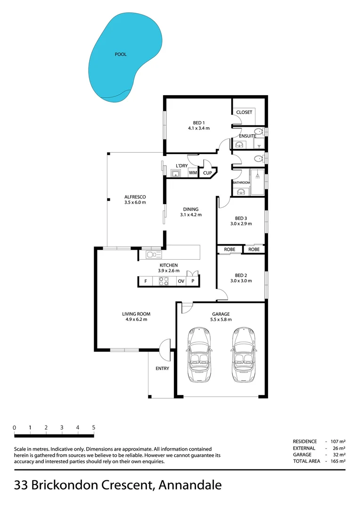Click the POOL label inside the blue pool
pos(121,55)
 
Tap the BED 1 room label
pos(198,123)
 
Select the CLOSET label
pos(244,112)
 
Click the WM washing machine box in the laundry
pos(192,173)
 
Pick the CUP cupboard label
pos(207,173)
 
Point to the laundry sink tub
pos(176,173)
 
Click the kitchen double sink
pos(154,255)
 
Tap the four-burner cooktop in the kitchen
pos(164,281)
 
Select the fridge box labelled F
pos(146,281)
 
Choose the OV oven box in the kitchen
pos(180,281)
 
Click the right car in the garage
pos(244,354)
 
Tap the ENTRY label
pos(162,369)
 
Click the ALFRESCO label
pos(135,197)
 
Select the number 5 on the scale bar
pos(94,427)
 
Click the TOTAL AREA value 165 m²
pos(339,461)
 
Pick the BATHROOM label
pos(241,182)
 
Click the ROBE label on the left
pos(229,249)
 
